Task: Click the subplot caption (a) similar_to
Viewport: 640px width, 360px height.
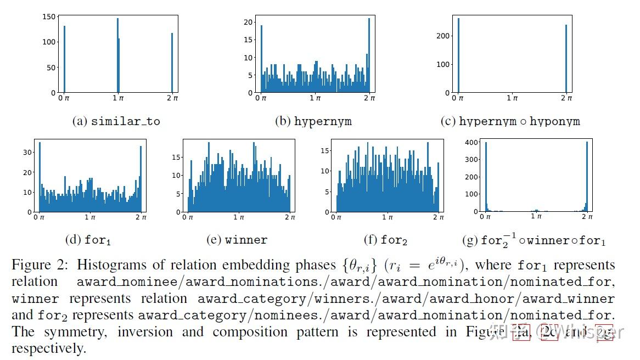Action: coord(116,121)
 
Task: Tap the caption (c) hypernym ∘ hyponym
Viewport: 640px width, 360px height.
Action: coord(510,121)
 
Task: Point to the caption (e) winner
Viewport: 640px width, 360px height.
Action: coord(237,240)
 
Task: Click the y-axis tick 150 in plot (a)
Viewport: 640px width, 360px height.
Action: coord(49,16)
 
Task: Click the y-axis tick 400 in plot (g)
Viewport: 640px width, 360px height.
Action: coord(471,143)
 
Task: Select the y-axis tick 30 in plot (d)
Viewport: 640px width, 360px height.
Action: coord(28,153)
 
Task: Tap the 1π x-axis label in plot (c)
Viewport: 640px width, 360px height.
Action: coord(513,98)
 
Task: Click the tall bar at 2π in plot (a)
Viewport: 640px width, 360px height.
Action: coord(172,63)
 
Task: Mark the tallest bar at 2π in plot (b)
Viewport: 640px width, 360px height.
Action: coord(369,55)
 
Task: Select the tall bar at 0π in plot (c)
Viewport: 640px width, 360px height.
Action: coord(458,55)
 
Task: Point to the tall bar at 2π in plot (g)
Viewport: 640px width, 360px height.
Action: coord(587,176)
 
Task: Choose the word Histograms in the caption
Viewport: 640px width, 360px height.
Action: coord(112,265)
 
